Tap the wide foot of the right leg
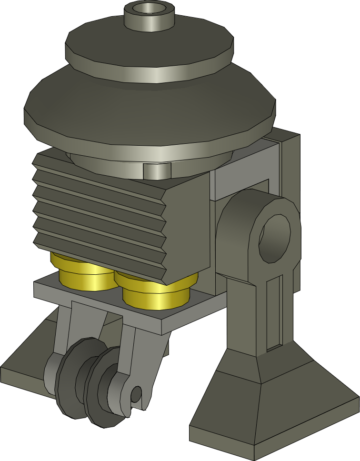coord(276,410)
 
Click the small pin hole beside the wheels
coord(136,394)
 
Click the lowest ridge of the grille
coord(100,257)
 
